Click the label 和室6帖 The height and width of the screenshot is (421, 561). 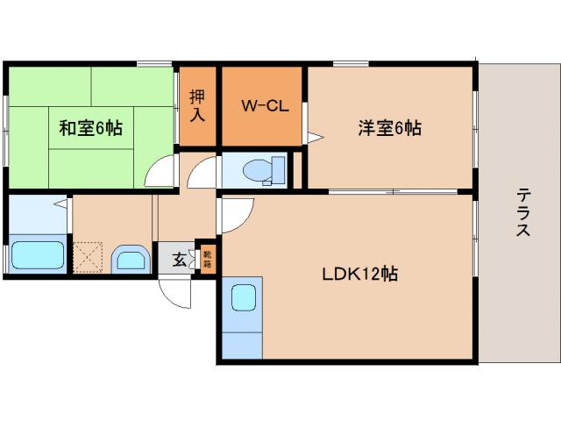(x=90, y=128)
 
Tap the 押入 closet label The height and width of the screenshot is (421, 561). (x=197, y=104)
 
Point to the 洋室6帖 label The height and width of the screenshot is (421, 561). (x=388, y=128)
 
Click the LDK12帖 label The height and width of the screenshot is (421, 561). (x=359, y=275)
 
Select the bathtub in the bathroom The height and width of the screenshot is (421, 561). (x=38, y=257)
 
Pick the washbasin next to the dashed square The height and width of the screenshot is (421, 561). (x=131, y=260)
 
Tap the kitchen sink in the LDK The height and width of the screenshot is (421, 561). (x=243, y=297)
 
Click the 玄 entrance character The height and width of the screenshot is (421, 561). (x=178, y=260)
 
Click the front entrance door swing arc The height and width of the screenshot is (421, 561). (x=175, y=292)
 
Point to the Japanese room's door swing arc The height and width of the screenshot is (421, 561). (x=161, y=172)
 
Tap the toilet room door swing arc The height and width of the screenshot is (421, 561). (x=201, y=171)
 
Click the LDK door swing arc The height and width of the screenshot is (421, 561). (x=234, y=214)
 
